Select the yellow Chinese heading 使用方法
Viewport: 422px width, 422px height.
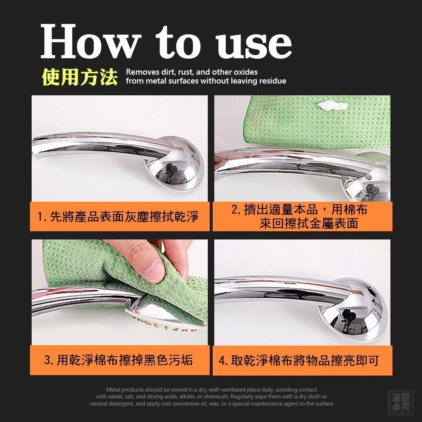point(80,77)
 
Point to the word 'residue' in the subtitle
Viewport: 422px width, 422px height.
point(272,81)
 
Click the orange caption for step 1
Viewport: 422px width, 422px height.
point(119,216)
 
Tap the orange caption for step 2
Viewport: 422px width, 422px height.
point(302,216)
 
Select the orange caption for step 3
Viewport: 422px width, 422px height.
point(119,360)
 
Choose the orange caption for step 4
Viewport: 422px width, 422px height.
point(302,360)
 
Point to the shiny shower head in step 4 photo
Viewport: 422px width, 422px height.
point(352,309)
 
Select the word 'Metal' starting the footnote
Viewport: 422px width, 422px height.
point(113,390)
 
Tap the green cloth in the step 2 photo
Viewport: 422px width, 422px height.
point(318,122)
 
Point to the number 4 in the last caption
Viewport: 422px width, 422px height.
point(222,360)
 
